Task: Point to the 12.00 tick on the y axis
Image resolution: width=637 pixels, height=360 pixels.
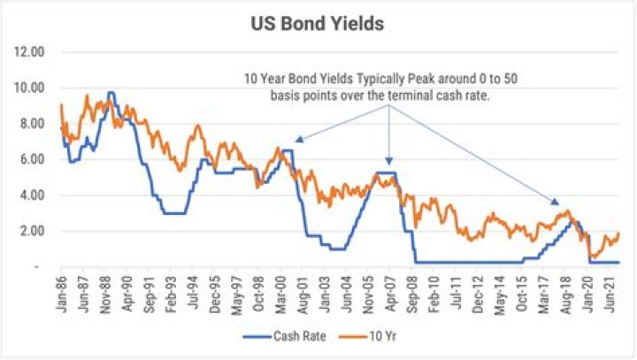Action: click(x=29, y=52)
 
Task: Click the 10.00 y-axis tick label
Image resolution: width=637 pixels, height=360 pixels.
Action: click(x=29, y=88)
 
